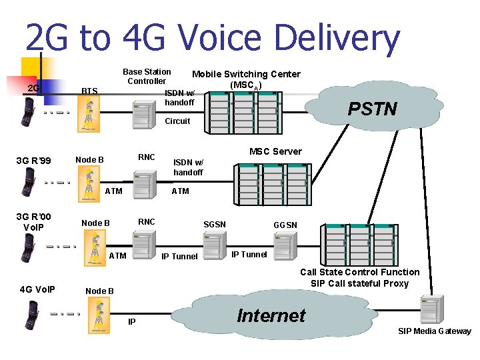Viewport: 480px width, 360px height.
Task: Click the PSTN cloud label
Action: (372, 109)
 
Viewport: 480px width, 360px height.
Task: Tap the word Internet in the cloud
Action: (271, 315)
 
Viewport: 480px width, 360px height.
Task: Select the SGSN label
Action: (215, 225)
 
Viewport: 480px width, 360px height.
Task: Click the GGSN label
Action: (285, 225)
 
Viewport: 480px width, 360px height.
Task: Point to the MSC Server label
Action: (275, 151)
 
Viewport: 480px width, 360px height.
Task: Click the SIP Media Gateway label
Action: (434, 331)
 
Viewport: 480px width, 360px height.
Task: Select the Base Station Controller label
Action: (147, 76)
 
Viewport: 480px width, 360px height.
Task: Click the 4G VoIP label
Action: (37, 289)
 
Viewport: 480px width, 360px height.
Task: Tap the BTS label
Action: (89, 91)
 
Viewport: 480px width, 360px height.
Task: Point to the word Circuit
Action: (177, 121)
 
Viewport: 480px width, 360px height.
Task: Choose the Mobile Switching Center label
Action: (246, 74)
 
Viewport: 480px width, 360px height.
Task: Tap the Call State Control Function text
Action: (359, 272)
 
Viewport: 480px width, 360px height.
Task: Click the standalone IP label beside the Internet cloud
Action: (132, 322)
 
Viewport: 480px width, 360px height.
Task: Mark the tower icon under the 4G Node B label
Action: (99, 314)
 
